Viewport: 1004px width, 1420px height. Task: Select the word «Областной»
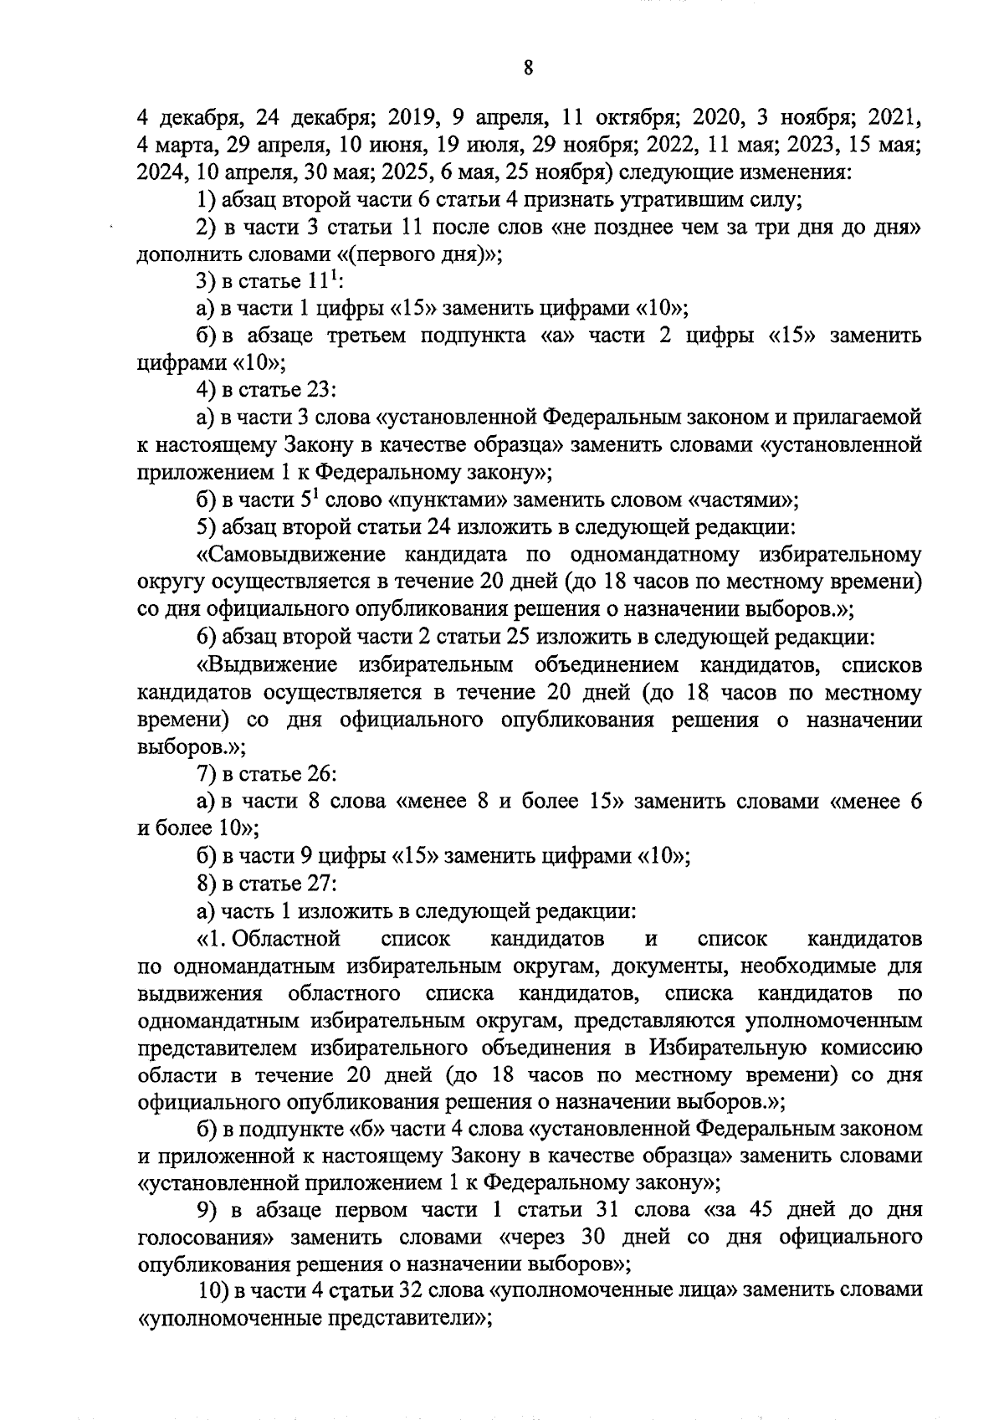point(289,939)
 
